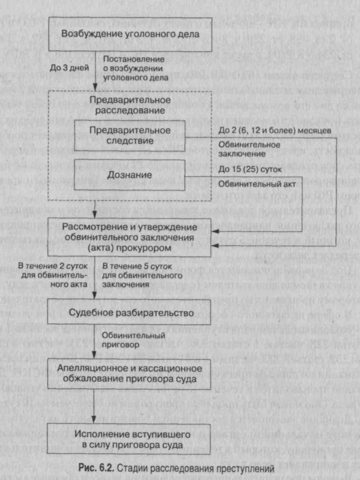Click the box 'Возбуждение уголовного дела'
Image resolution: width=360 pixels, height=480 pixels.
(x=130, y=34)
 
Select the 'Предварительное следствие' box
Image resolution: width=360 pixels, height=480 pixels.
(x=130, y=136)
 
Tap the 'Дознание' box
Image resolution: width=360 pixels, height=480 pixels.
(x=130, y=175)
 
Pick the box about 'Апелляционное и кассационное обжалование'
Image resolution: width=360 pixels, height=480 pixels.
(x=130, y=374)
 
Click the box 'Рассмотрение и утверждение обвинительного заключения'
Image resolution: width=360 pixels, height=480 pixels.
(x=130, y=237)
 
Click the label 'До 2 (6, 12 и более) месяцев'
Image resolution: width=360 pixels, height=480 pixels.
(x=275, y=130)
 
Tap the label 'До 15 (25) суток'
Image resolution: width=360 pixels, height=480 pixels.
(x=250, y=170)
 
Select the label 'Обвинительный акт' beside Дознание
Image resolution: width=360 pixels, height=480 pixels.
(x=257, y=184)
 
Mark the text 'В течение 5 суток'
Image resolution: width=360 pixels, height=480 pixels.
(x=137, y=266)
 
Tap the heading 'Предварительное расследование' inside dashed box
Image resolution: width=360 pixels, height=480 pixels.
(x=130, y=105)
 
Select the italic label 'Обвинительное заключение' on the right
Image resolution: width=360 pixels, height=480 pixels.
(x=249, y=149)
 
